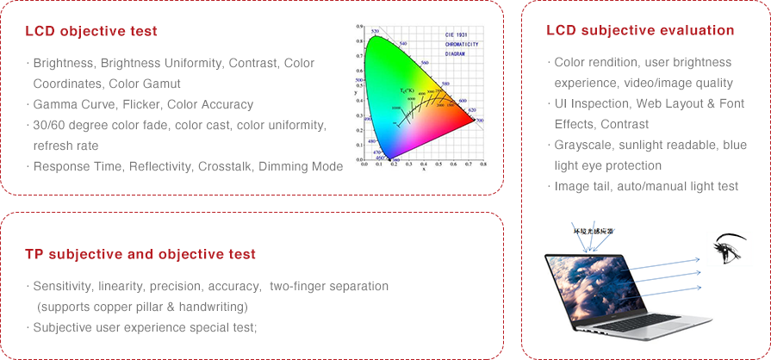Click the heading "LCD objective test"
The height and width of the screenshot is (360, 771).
(91, 31)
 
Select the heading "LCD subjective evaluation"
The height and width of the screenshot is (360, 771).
(640, 30)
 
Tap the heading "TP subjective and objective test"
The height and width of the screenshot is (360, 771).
(140, 254)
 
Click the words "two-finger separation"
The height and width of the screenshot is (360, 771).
(329, 285)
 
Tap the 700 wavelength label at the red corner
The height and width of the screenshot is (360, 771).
(480, 121)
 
